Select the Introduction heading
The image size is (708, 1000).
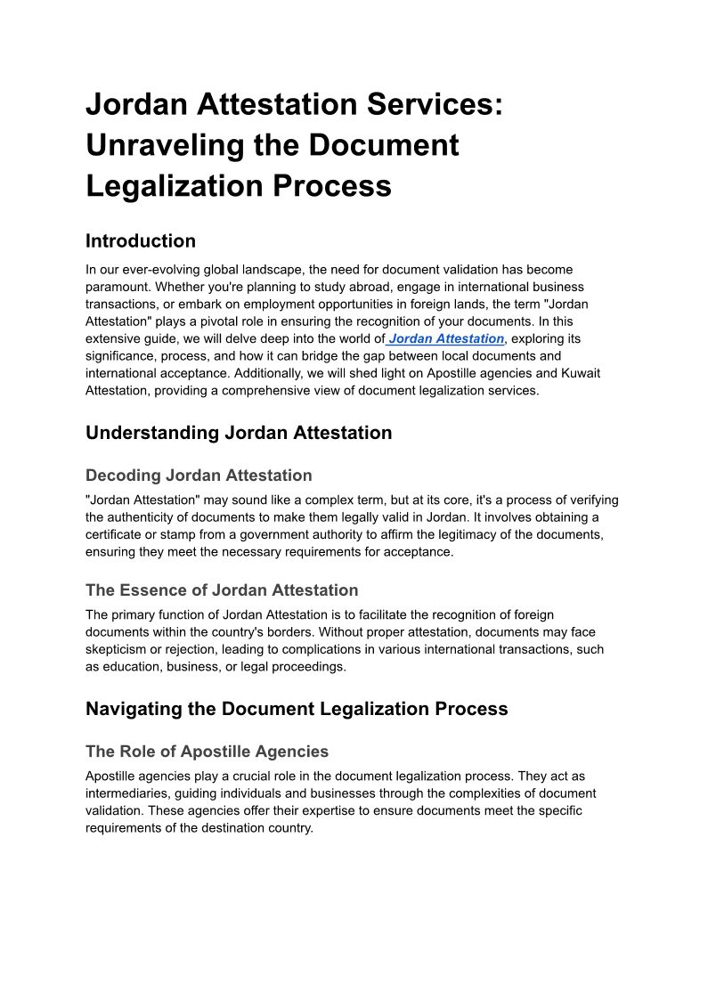(141, 241)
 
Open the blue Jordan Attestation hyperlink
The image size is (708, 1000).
(446, 338)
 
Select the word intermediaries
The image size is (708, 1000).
(126, 793)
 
